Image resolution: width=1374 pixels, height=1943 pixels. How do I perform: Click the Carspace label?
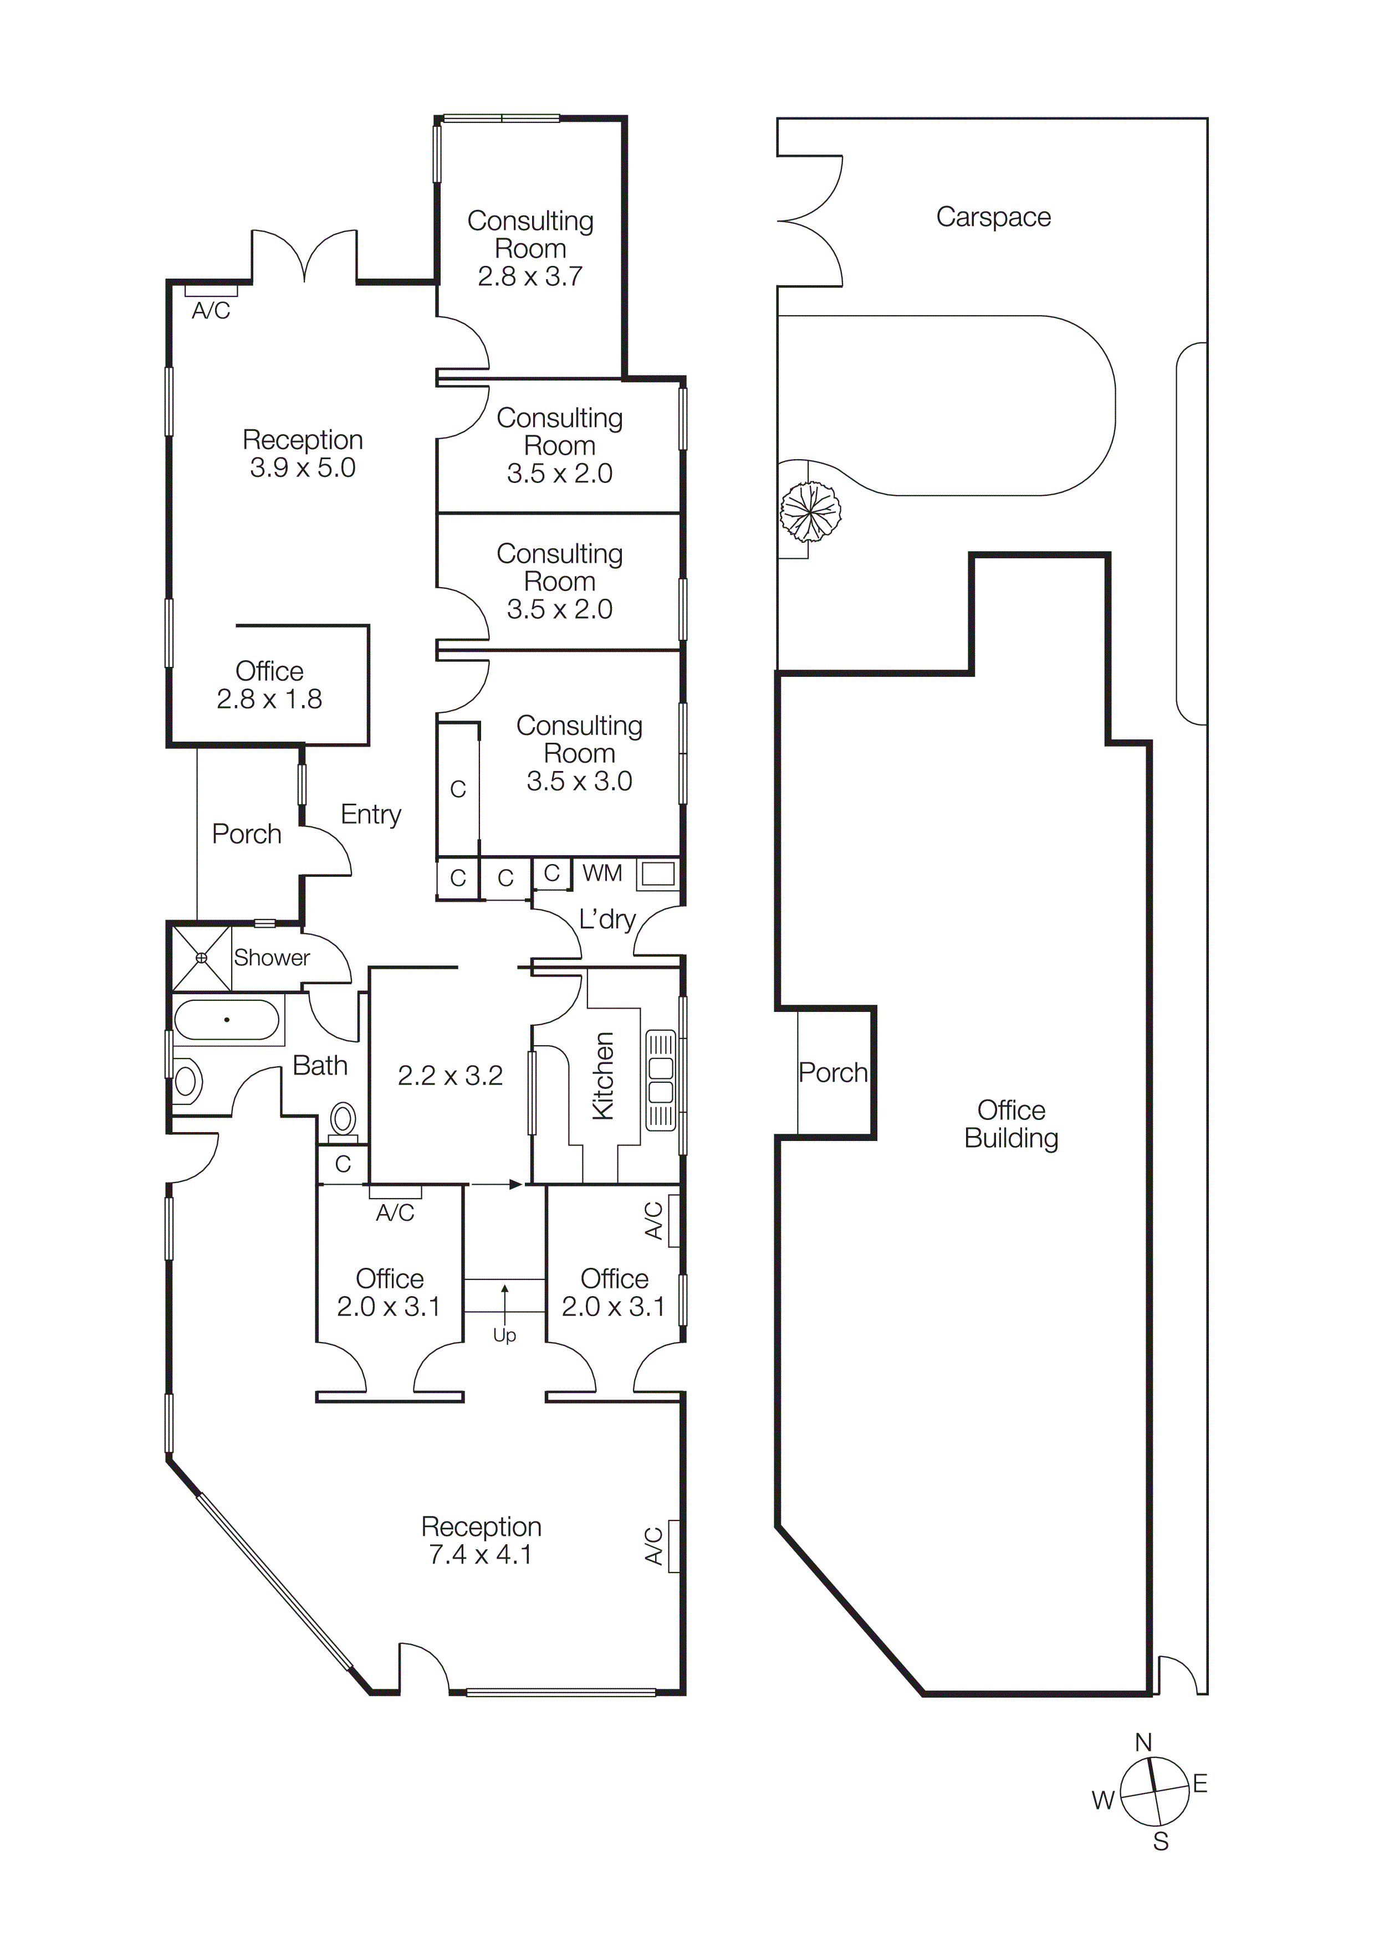tap(993, 218)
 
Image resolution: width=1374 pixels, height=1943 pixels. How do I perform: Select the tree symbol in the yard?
tap(810, 511)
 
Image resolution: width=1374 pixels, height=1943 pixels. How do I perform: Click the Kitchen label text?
tap(603, 1076)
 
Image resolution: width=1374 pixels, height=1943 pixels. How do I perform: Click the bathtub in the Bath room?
tap(226, 1021)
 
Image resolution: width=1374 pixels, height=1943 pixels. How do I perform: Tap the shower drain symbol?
tap(202, 958)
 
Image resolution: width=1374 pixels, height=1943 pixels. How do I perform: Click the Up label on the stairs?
tap(504, 1335)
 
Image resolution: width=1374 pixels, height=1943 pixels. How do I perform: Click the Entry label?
tap(371, 814)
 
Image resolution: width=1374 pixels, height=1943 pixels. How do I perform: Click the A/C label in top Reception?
tap(211, 311)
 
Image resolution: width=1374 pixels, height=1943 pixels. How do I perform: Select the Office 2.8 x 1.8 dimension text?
tap(269, 699)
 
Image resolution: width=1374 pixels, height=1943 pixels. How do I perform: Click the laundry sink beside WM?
tap(658, 874)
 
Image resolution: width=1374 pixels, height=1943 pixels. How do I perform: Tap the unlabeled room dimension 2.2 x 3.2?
tap(451, 1076)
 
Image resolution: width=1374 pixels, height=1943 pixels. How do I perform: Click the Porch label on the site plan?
tap(833, 1072)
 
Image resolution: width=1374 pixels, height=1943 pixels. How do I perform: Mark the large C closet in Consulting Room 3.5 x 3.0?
tap(458, 789)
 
